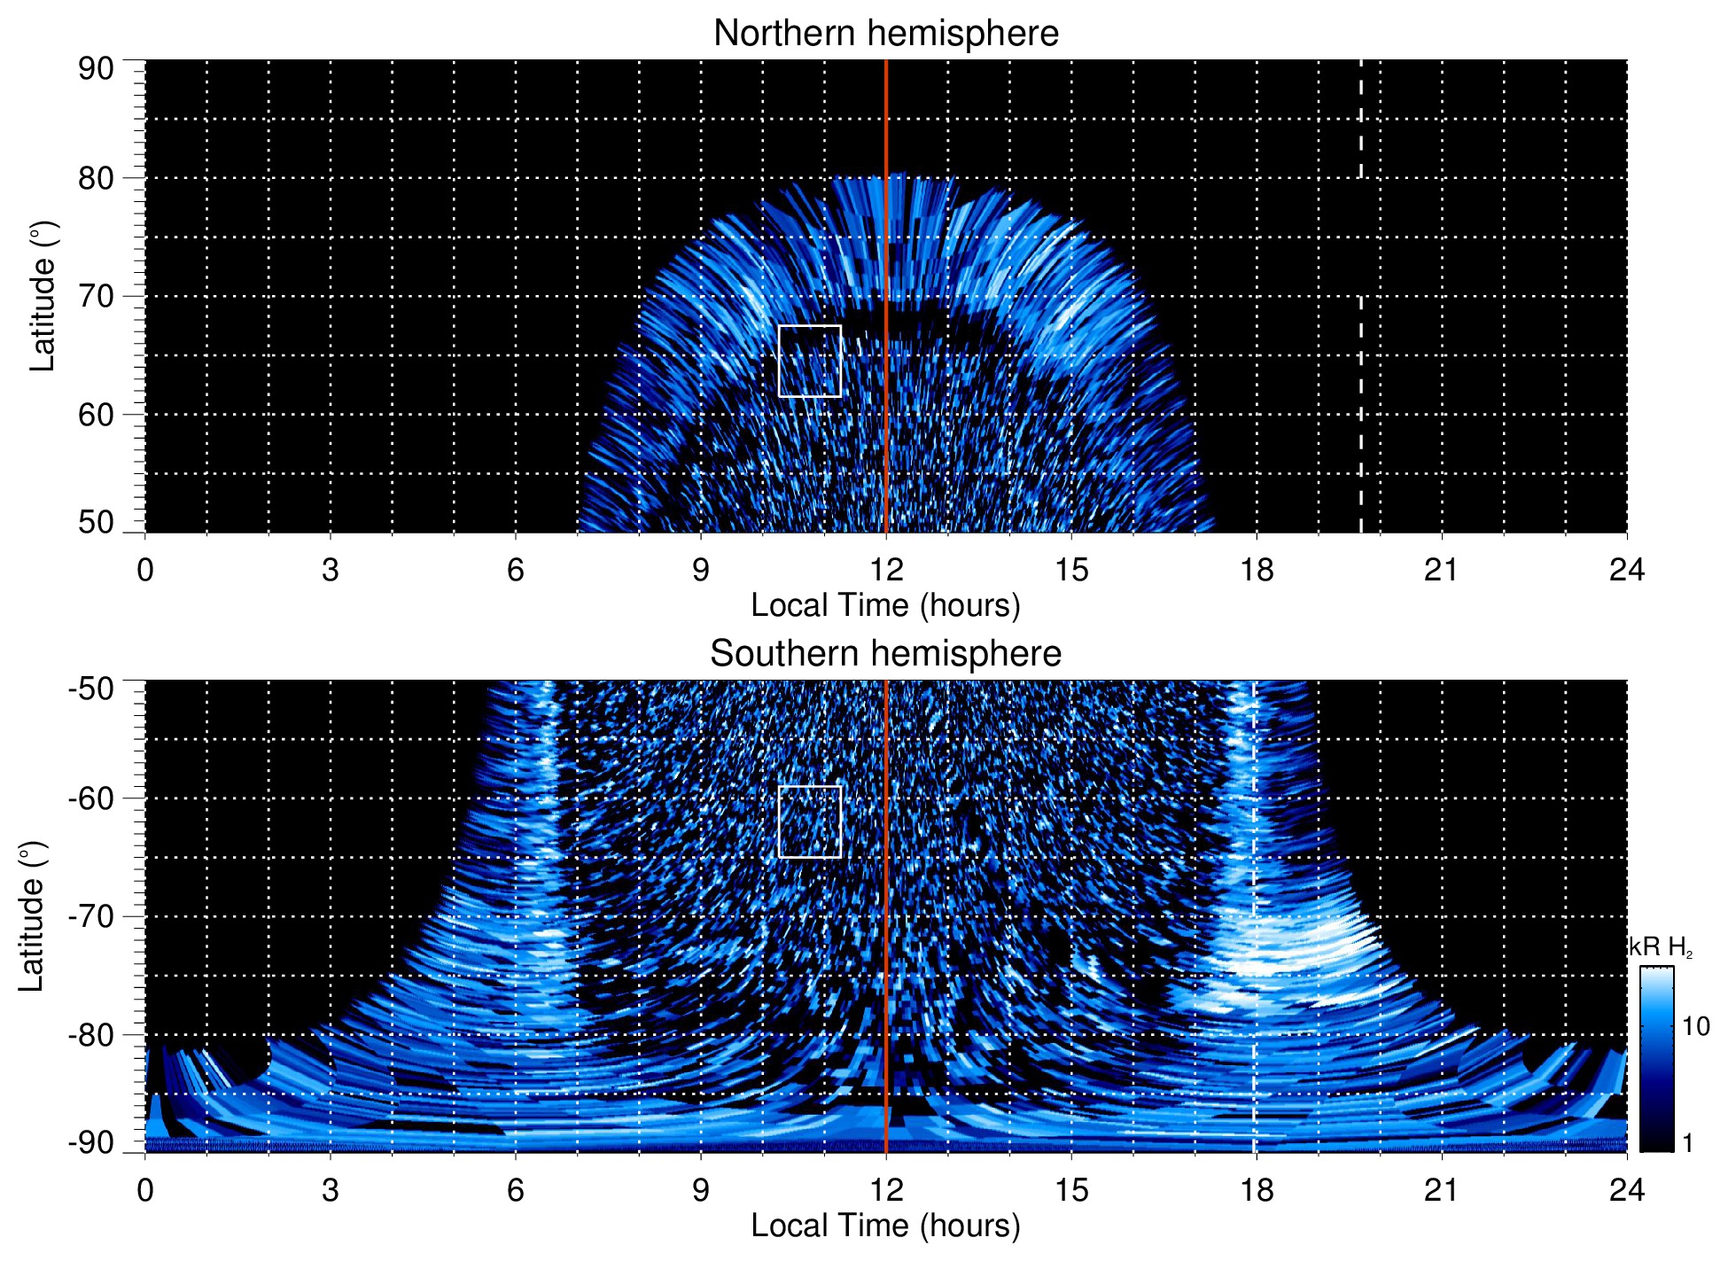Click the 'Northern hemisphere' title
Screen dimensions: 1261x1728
tap(885, 34)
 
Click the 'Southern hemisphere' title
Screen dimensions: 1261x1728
tap(885, 654)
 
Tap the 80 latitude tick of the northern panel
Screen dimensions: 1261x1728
tap(97, 178)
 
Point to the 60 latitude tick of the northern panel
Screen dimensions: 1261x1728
tap(97, 415)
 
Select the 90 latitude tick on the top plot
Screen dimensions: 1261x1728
tap(97, 69)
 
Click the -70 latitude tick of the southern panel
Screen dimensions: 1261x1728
tap(91, 916)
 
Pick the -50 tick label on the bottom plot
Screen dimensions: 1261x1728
tap(91, 689)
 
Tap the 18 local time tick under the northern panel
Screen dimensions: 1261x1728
tap(1257, 570)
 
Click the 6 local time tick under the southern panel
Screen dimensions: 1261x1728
tap(516, 1190)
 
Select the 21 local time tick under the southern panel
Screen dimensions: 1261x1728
tap(1441, 1190)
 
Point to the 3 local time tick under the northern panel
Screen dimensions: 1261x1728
tap(331, 570)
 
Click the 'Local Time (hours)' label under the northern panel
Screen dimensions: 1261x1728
tap(885, 605)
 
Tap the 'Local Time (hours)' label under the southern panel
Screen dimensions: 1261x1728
tap(885, 1226)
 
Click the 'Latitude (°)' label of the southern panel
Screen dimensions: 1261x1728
tap(32, 917)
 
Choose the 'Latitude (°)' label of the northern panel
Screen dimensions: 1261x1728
tap(43, 297)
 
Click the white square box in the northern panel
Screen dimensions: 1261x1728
tap(809, 361)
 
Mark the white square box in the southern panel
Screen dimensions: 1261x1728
tap(809, 821)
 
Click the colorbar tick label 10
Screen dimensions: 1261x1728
tap(1695, 1027)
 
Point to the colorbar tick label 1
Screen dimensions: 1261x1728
tap(1687, 1143)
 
